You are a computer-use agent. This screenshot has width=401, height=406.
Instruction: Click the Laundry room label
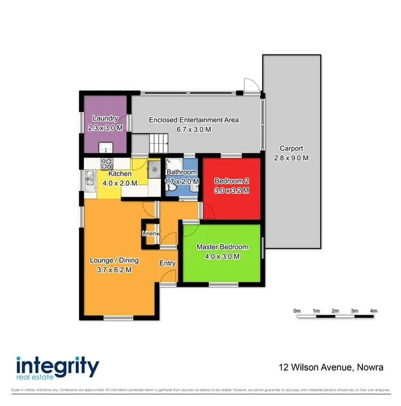(105, 118)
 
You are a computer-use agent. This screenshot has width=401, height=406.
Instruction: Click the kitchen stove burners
(106, 166)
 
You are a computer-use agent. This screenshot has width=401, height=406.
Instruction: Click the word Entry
(167, 263)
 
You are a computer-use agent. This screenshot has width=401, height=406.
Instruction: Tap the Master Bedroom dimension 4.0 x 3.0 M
(222, 256)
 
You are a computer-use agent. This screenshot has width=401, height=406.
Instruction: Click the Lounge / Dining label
(114, 260)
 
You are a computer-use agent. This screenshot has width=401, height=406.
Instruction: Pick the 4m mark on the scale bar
(374, 311)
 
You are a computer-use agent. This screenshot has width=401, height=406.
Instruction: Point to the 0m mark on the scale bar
(297, 311)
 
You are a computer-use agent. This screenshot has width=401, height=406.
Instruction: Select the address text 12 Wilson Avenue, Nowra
(331, 367)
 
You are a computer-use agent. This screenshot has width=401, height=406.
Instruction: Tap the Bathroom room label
(182, 172)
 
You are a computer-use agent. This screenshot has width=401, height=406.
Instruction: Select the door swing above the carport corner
(251, 86)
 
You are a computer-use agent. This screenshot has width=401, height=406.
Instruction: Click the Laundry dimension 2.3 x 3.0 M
(105, 128)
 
